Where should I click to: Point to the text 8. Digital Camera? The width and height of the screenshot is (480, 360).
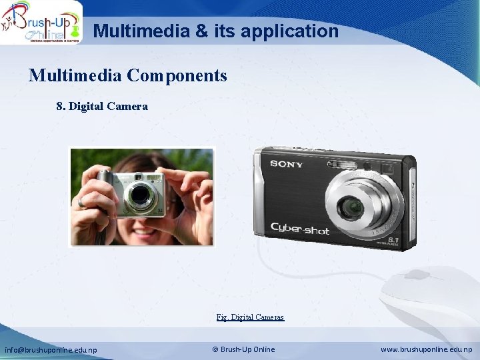102,106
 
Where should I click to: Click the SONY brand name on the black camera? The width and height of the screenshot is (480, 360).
286,164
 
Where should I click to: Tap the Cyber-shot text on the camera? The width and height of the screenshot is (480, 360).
299,229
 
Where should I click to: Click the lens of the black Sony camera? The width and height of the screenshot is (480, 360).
350,209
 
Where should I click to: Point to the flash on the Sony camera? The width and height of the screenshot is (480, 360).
347,163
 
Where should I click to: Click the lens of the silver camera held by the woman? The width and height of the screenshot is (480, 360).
140,195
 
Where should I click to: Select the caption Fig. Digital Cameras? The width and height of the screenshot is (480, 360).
250,317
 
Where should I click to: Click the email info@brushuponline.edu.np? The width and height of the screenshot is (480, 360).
51,349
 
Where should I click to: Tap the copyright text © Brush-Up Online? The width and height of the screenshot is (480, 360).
243,349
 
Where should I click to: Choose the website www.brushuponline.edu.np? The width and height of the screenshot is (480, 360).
427,349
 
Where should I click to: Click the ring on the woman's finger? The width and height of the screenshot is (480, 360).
81,203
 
